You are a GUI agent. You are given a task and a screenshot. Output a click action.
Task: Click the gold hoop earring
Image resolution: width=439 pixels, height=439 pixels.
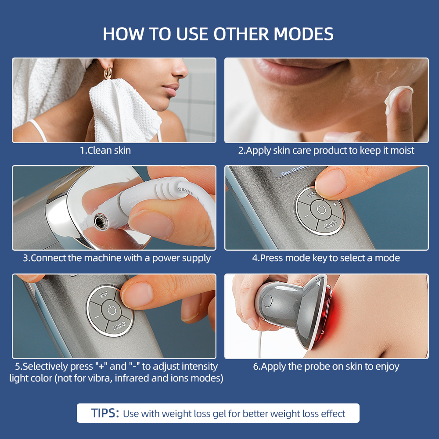point(108,73)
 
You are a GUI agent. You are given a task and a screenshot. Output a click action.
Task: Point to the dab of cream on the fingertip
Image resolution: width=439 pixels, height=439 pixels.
point(398,97)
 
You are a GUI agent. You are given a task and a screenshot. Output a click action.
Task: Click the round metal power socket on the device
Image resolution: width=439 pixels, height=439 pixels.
point(101,222)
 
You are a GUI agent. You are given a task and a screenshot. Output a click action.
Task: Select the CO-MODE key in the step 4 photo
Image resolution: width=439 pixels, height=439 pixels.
point(331,224)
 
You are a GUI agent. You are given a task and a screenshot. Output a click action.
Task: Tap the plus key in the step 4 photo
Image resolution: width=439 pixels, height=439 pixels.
point(335,205)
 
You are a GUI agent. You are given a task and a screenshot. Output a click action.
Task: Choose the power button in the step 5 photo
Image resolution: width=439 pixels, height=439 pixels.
point(112,310)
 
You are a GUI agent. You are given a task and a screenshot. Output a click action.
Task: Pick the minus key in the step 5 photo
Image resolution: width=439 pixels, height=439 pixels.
point(97,317)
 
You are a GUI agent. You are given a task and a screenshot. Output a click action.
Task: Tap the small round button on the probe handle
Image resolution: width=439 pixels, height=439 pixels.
point(267,301)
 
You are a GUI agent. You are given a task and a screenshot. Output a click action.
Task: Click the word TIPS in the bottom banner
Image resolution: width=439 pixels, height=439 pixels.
point(105,413)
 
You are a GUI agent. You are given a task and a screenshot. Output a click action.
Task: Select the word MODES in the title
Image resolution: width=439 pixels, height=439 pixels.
point(303,34)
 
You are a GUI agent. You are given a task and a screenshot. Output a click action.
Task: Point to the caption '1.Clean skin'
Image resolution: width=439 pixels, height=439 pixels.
point(105,151)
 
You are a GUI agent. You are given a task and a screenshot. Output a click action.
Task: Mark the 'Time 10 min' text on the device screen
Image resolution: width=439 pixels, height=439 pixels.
point(292,170)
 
